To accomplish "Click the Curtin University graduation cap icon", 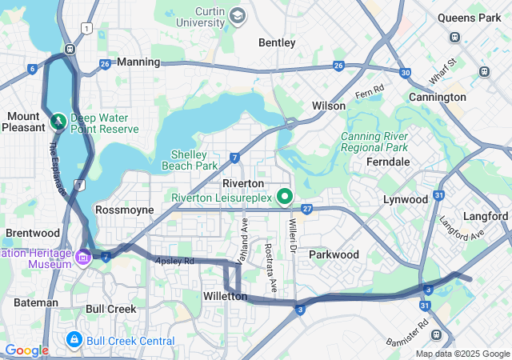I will click(x=237, y=15).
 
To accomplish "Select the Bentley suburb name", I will click(x=277, y=42).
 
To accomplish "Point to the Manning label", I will click(x=138, y=62).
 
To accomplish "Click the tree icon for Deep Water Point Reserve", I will click(x=58, y=122).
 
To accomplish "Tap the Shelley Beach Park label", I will click(x=194, y=160).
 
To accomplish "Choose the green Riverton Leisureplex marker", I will click(x=284, y=196).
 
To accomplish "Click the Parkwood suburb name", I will click(x=334, y=254).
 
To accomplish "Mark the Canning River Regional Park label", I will click(x=375, y=142).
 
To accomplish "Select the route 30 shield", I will click(x=406, y=73).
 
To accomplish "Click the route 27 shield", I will click(x=306, y=209).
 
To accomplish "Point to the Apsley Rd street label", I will click(x=175, y=261).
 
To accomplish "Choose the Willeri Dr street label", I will click(x=293, y=233).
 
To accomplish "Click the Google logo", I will click(x=26, y=350).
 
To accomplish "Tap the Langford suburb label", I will click(x=486, y=216).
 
